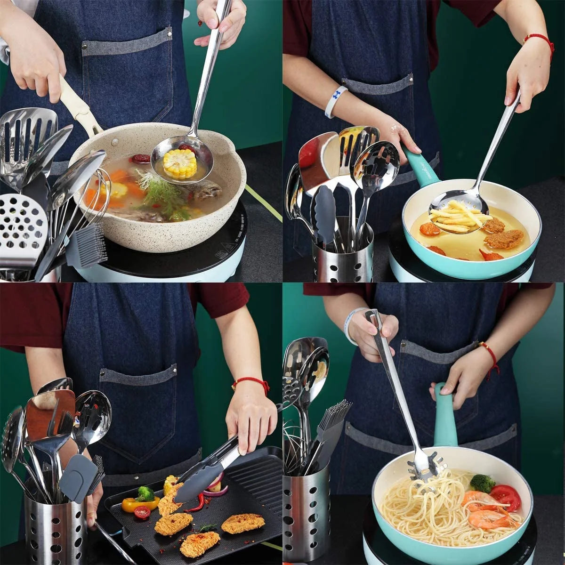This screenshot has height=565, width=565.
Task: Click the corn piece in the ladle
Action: [x=179, y=163]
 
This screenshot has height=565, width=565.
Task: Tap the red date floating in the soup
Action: [x=140, y=159]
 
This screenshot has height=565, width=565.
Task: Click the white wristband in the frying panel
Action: [x=335, y=101]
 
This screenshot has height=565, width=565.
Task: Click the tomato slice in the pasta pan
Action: [x=505, y=497]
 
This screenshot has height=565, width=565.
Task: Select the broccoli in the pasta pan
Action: [x=482, y=483]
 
